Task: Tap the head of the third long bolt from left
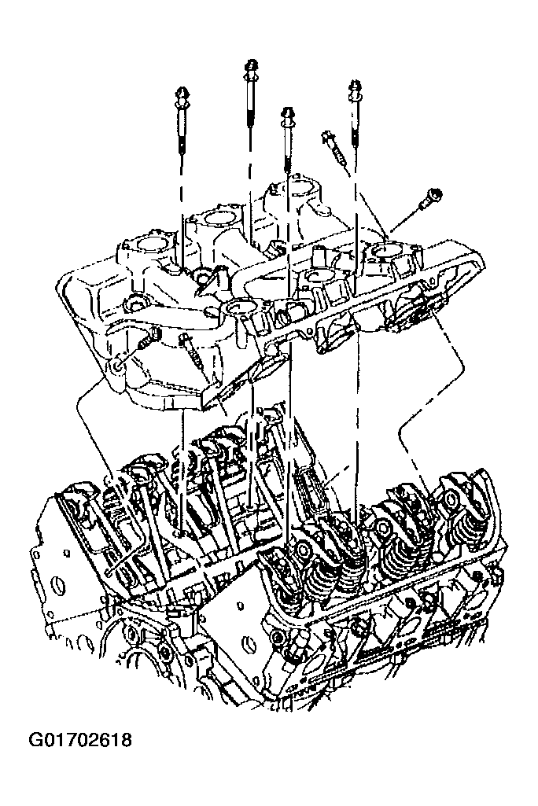tap(288, 114)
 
